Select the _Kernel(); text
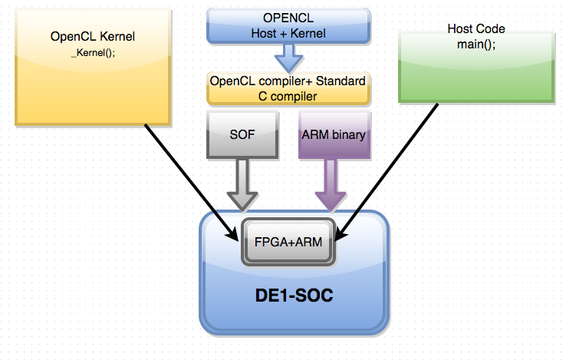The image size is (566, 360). (x=92, y=52)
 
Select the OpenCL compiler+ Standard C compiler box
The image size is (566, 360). (x=288, y=88)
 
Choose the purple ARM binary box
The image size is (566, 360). (x=332, y=134)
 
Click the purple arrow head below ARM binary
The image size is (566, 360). (x=332, y=198)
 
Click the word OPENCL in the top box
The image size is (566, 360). (x=288, y=19)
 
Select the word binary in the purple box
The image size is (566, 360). (x=347, y=134)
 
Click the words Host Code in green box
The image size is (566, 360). (x=476, y=29)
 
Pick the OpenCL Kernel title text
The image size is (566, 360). (x=91, y=36)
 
